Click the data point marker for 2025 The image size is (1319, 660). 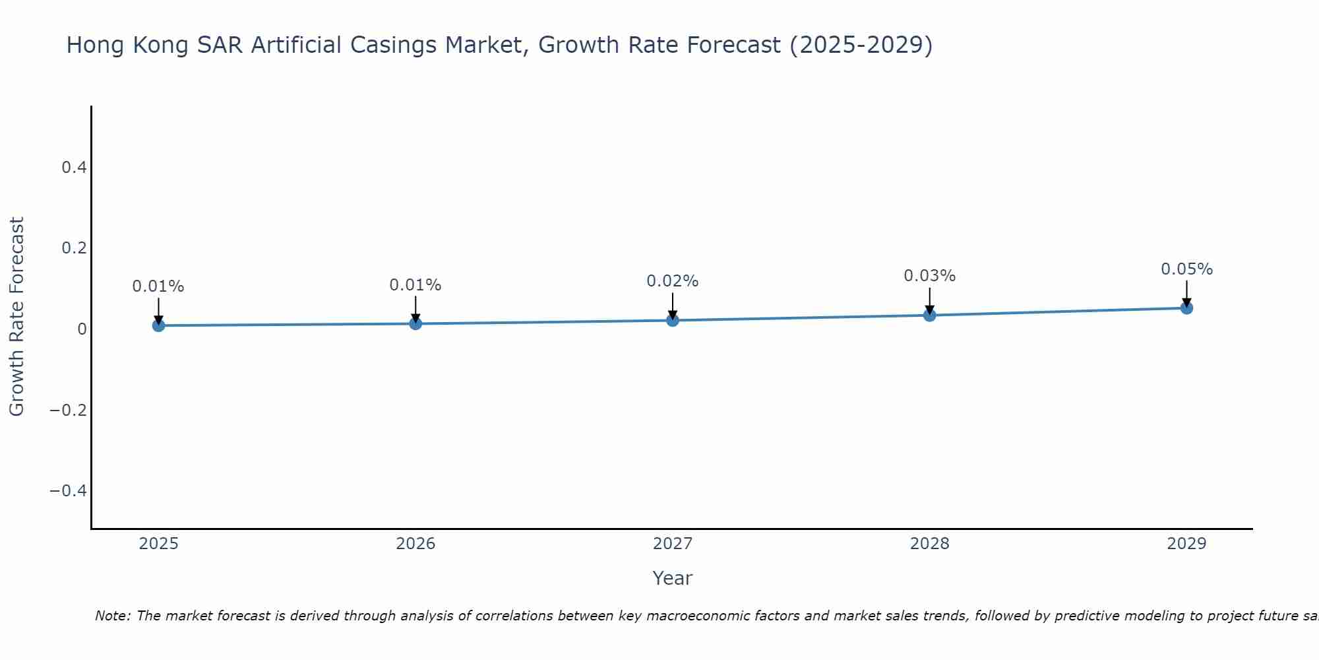coord(158,325)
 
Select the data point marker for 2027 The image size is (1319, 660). coord(673,320)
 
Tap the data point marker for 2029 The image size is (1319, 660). coord(1186,308)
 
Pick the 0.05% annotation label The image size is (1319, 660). coord(1186,269)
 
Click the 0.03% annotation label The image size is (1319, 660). coord(929,276)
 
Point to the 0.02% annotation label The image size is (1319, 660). coord(672,281)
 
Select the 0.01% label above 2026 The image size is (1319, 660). coord(415,285)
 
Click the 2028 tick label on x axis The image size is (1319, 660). coord(929,544)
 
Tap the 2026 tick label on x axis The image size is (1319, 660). coord(415,544)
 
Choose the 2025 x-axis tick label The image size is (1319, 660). coord(158,544)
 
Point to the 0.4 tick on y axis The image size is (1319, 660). coord(74,168)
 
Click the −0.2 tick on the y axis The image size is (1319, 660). coord(69,410)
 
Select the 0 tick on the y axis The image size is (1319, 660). coord(82,329)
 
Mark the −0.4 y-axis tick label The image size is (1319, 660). coord(69,490)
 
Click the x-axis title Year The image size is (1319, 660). coord(672,578)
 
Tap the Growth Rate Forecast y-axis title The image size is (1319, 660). coord(16,317)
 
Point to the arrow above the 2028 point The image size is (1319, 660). coord(929,301)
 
